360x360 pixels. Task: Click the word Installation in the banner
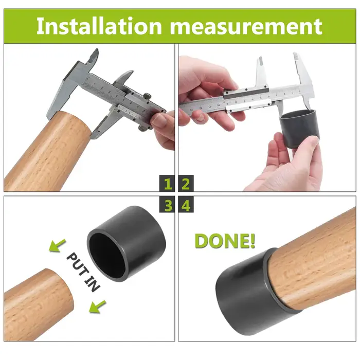pyautogui.click(x=99, y=26)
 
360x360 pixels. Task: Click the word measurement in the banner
pyautogui.click(x=246, y=27)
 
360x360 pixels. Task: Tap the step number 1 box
pyautogui.click(x=167, y=183)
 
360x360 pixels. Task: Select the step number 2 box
pyautogui.click(x=186, y=183)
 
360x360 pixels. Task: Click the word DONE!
pyautogui.click(x=225, y=241)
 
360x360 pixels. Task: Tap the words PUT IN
pyautogui.click(x=83, y=272)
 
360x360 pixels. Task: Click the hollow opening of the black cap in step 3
pyautogui.click(x=107, y=255)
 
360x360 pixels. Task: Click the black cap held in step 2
pyautogui.click(x=299, y=128)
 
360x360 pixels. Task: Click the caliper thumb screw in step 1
pyautogui.click(x=148, y=96)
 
